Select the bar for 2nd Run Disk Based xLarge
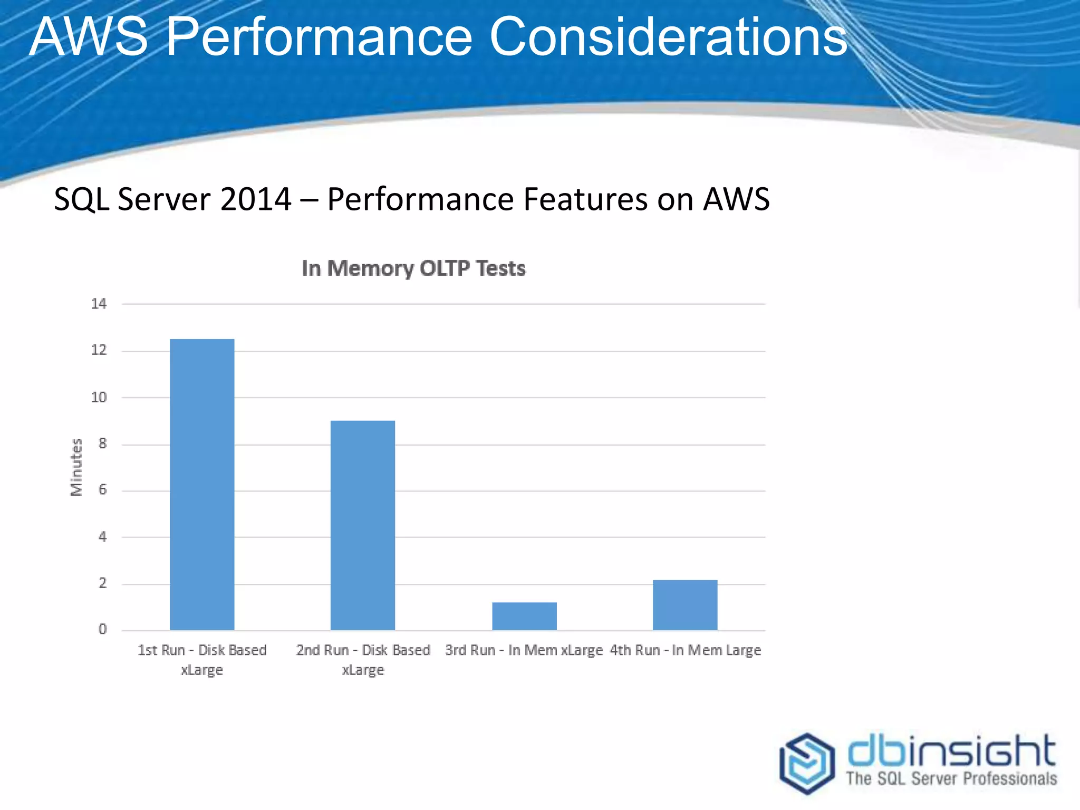[x=363, y=525]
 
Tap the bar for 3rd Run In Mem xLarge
[x=524, y=616]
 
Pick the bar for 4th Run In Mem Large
[x=685, y=605]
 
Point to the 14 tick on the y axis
[x=99, y=304]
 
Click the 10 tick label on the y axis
[x=99, y=397]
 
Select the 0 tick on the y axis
[x=102, y=629]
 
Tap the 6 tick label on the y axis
[x=102, y=490]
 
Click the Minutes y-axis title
[x=76, y=467]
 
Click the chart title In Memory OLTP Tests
[x=413, y=268]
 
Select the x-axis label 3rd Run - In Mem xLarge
[x=524, y=650]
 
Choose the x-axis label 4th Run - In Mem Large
[x=686, y=650]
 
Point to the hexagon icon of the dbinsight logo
[x=807, y=763]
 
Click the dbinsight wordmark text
[x=951, y=751]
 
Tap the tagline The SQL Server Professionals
[x=951, y=779]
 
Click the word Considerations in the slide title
[x=668, y=37]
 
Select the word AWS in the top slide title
[x=89, y=37]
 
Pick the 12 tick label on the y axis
[x=99, y=350]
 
